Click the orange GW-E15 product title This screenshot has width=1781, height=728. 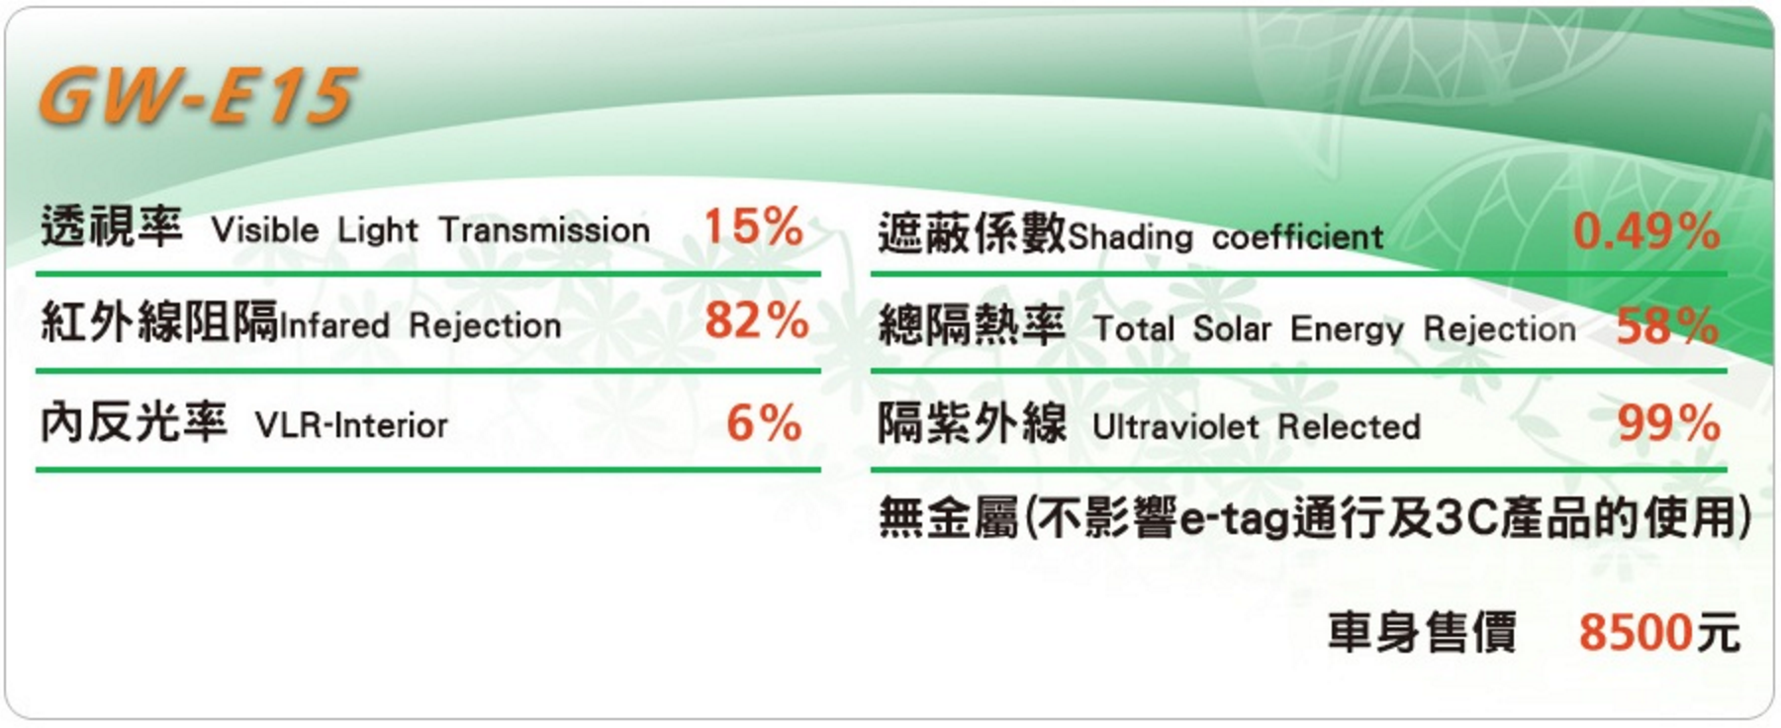pos(196,97)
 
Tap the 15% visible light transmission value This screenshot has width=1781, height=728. pos(753,227)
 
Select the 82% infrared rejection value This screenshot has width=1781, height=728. pos(756,320)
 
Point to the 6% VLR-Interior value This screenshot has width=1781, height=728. pos(764,423)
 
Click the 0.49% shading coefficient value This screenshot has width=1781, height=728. pos(1645,231)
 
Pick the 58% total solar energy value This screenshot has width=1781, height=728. pos(1667,325)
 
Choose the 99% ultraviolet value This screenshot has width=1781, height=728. pos(1668,423)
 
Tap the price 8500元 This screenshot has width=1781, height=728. pos(1658,632)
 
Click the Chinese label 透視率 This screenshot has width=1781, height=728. pos(112,227)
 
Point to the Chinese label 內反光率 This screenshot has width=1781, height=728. pos(135,422)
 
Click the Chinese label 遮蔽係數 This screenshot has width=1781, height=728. pos(972,232)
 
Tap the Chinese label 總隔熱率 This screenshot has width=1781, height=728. pos(972,325)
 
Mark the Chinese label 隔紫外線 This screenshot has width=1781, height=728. pos(972,423)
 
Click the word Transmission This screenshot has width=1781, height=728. pos(544,230)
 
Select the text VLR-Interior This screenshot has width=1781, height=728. pos(351,426)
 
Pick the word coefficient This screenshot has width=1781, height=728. pos(1297,237)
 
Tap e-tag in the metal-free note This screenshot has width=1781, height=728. pos(1235,519)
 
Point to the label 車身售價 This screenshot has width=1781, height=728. pos(1422,632)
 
